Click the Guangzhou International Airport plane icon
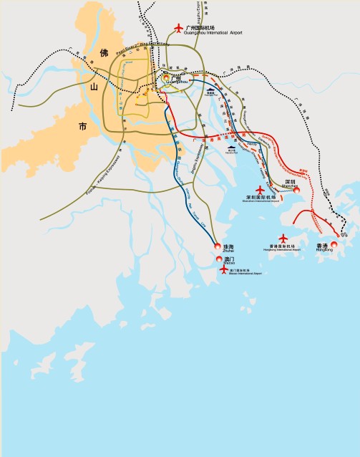click(x=179, y=29)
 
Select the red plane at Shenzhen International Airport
click(x=260, y=190)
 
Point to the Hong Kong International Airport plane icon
click(x=283, y=238)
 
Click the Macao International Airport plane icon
click(x=224, y=270)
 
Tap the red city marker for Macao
click(x=219, y=259)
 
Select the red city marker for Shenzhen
click(x=296, y=190)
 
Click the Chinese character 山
click(x=92, y=87)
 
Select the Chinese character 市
click(x=82, y=127)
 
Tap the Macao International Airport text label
click(x=245, y=272)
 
